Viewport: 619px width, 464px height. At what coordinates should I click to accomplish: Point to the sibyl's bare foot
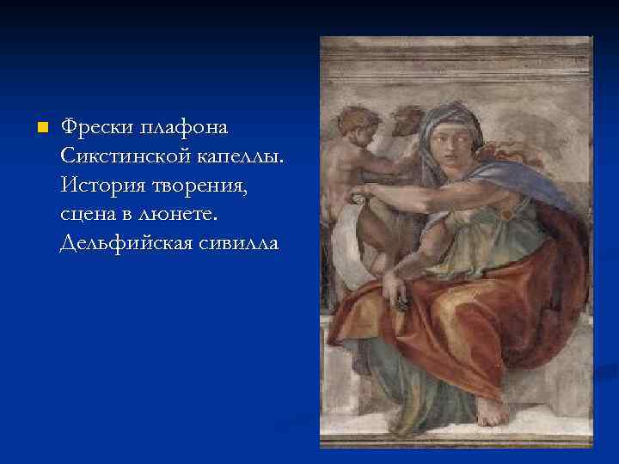point(492,412)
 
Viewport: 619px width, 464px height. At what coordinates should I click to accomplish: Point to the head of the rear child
point(408,120)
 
